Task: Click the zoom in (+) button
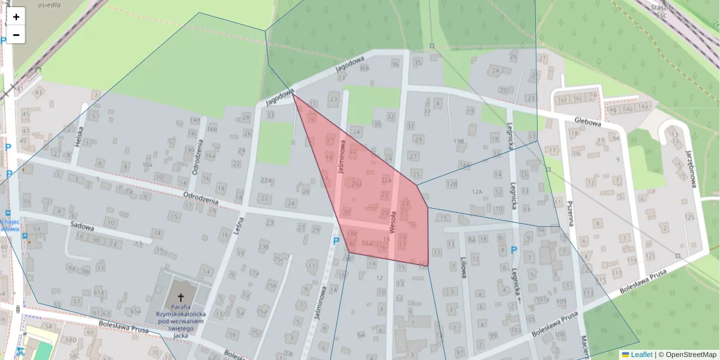point(16,16)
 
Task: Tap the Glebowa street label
point(587,122)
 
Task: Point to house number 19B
point(460,142)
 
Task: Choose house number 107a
point(542,299)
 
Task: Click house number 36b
point(364,67)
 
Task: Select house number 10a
point(147,164)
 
